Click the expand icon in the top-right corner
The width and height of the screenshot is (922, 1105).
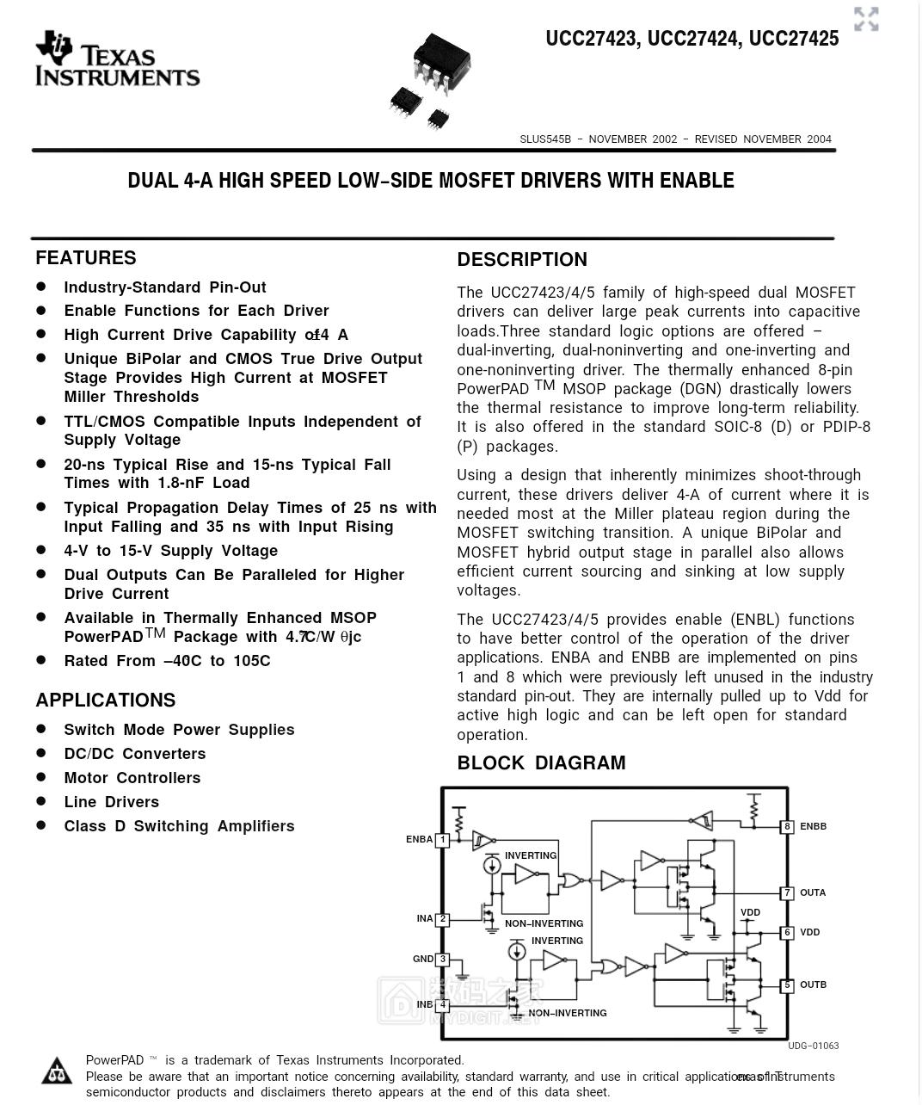pos(866,19)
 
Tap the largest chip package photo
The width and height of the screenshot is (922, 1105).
pos(441,62)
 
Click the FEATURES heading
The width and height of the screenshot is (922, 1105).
pos(86,258)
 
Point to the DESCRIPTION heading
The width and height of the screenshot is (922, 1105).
pos(522,260)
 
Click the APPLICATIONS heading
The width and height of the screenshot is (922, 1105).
pos(106,701)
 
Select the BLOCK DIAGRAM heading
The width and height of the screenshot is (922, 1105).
pos(541,763)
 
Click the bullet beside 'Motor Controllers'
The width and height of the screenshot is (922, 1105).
pos(41,777)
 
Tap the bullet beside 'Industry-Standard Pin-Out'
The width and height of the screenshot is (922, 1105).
pos(41,287)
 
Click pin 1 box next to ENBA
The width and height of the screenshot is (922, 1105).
pos(443,840)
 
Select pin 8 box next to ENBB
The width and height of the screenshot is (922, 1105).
pos(787,827)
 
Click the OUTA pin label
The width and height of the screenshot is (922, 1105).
pos(813,893)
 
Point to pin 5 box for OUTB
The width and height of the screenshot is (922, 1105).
pos(787,985)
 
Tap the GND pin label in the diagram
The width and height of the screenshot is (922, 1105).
pos(423,960)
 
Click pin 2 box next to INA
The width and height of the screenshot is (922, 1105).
pos(443,919)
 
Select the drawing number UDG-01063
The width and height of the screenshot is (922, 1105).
pos(813,1046)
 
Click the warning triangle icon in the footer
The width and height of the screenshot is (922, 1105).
pos(58,1071)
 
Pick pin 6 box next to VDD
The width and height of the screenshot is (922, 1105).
pos(787,933)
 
